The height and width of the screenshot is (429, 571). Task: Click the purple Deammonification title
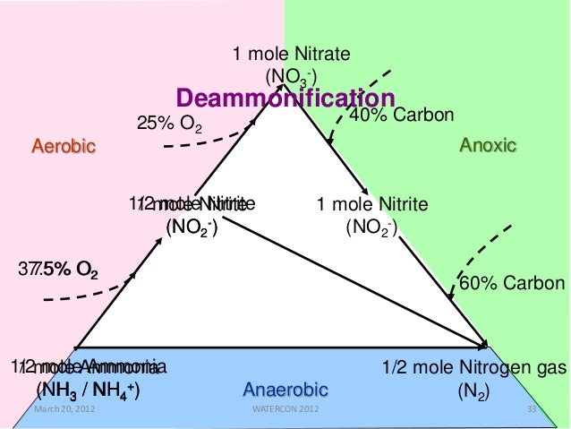point(285,97)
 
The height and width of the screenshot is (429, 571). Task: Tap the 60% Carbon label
point(512,284)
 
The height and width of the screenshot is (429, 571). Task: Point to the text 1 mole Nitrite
point(372,204)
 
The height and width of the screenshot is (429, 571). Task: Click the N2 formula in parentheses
point(472,391)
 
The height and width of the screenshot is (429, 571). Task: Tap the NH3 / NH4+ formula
point(87,390)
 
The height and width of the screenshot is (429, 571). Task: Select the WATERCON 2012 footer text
point(285,410)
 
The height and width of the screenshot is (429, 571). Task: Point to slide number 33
point(534,410)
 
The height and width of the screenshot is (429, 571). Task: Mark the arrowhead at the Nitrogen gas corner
point(483,343)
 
